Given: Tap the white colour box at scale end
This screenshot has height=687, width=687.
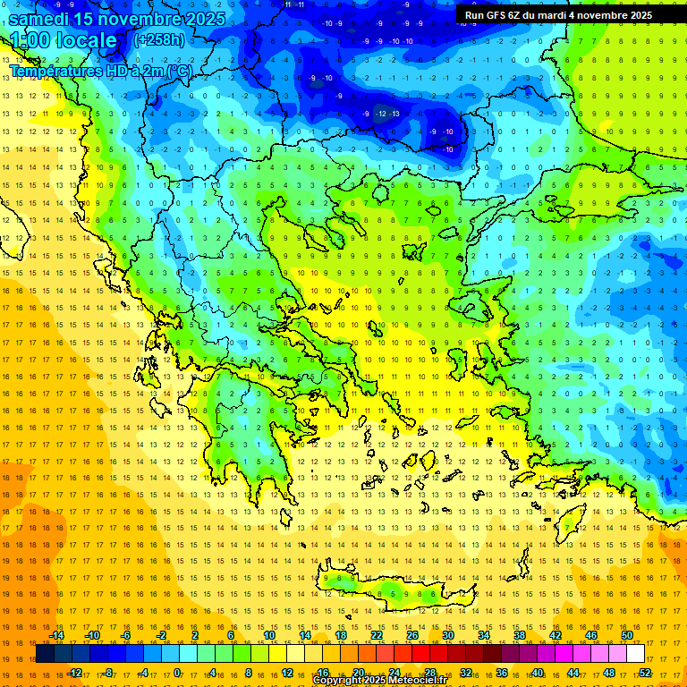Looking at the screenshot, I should [x=635, y=654].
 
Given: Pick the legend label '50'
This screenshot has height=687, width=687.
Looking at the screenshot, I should [x=627, y=635].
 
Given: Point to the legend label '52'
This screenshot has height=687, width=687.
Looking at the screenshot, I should [x=645, y=673].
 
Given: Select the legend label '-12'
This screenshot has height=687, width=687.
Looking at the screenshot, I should [x=74, y=673].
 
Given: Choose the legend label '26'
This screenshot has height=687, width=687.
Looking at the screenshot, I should [x=412, y=635].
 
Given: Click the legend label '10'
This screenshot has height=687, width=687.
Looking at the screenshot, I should [x=269, y=635].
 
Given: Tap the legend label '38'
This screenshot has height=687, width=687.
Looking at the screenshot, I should [x=520, y=635].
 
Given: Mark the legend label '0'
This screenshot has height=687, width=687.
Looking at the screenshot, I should [x=177, y=673].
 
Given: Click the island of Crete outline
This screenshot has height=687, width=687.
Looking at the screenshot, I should [x=394, y=592].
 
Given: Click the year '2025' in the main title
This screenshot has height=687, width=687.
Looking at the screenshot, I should [x=204, y=18].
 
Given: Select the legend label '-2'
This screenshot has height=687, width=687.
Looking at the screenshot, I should [x=161, y=635].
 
